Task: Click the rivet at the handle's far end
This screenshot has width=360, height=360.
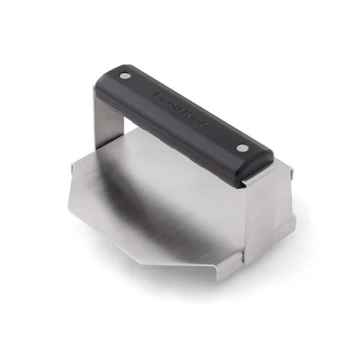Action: [125, 76]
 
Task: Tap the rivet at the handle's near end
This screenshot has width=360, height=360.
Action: [242, 148]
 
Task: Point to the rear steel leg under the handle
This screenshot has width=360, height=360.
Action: [108, 117]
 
